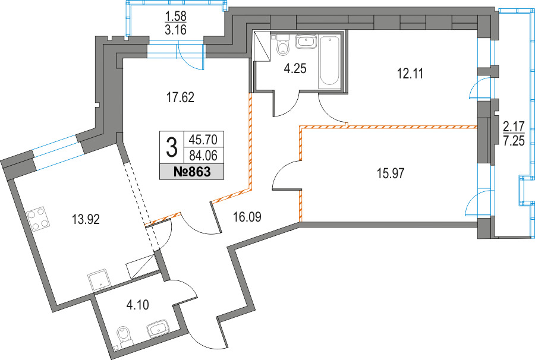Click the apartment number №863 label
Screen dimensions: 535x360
click(192, 172)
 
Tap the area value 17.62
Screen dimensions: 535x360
click(180, 98)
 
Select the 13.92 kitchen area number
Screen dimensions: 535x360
click(86, 219)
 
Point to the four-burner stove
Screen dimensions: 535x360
click(38, 219)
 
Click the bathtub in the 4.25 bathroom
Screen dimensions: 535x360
click(329, 61)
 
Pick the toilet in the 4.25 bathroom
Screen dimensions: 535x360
click(282, 45)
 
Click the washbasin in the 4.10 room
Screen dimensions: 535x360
click(159, 329)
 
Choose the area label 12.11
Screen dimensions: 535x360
click(410, 73)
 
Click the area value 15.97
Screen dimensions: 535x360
click(391, 173)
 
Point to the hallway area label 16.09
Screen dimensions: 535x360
click(247, 216)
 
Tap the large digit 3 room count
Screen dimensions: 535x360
click(172, 149)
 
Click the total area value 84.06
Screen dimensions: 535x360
click(203, 156)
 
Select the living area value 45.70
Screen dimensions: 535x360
click(203, 140)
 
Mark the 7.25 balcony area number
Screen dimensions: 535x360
click(514, 140)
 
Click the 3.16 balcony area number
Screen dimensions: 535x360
click(176, 30)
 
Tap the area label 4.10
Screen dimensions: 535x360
click(137, 304)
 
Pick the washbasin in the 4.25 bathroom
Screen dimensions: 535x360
click(307, 42)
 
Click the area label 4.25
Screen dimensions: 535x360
click(295, 68)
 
